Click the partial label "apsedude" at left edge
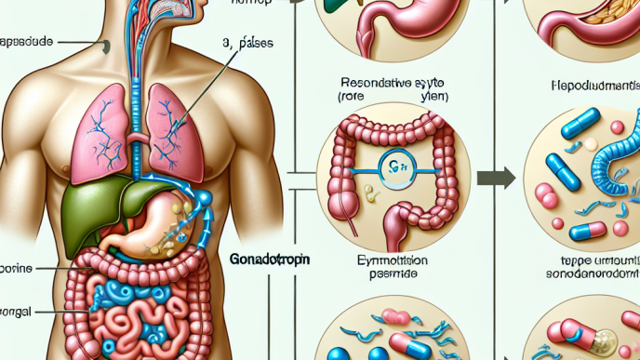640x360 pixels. [28, 42]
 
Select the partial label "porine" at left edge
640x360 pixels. [18, 268]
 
